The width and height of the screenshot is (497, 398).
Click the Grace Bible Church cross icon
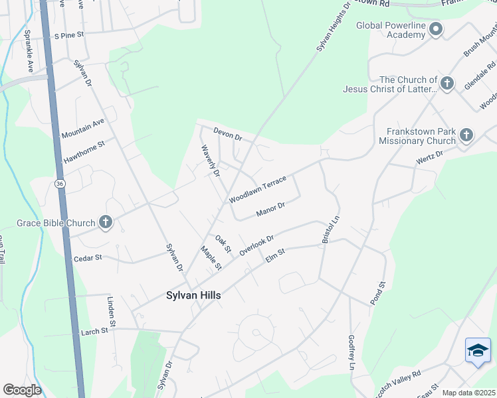click(105, 223)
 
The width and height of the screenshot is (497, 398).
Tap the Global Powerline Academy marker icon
click(436, 29)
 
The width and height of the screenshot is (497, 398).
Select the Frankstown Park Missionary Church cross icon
click(466, 135)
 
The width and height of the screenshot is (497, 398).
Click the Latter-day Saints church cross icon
click(447, 84)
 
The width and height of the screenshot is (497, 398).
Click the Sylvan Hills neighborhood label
click(193, 296)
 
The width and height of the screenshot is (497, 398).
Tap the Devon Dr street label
click(227, 134)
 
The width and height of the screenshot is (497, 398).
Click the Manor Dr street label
click(270, 210)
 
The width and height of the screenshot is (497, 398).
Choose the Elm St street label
click(275, 255)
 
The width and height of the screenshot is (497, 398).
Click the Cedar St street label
click(88, 258)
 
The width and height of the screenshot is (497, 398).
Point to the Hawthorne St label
click(84, 152)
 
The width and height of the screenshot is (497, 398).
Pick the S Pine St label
click(70, 34)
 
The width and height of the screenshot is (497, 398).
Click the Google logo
click(22, 390)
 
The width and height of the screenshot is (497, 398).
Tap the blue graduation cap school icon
click(478, 350)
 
